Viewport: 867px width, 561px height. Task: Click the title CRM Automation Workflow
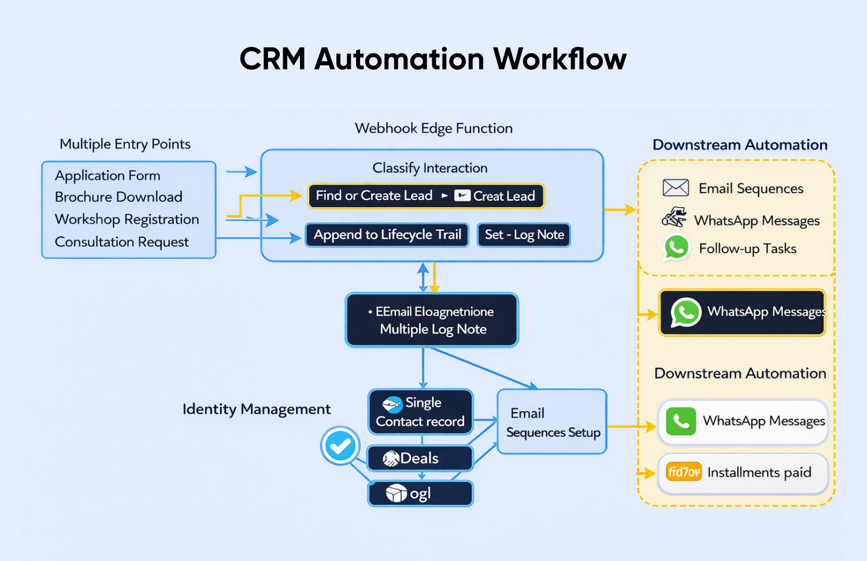[433, 59]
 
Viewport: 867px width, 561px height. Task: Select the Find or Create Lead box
[426, 196]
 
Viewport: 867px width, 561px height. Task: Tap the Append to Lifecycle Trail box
[387, 235]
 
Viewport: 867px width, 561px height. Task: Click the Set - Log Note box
[524, 235]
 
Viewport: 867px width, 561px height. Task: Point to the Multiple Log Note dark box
[432, 320]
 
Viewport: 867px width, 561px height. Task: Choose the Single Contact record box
[420, 412]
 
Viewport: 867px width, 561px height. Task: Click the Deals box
[420, 459]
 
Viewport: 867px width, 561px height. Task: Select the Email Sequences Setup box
[552, 422]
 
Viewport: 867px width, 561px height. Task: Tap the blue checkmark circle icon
[340, 446]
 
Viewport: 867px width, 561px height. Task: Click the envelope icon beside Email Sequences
[675, 188]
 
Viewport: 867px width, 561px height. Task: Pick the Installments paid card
[743, 473]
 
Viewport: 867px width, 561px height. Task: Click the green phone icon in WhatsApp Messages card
[681, 421]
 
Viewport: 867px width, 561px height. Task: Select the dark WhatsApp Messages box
[742, 312]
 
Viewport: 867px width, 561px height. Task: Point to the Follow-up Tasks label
[747, 249]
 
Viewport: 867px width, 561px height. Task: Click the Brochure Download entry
[118, 197]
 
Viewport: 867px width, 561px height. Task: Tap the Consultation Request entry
[121, 242]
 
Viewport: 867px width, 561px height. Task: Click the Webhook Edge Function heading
[433, 128]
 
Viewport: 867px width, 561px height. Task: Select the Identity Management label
[256, 409]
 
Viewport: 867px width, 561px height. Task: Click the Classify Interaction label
[429, 168]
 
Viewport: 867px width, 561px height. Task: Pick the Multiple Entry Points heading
[125, 144]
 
